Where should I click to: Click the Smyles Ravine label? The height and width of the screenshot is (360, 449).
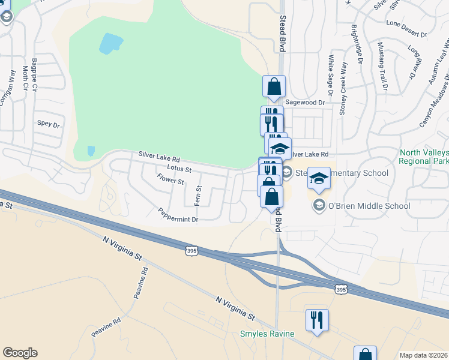coord(267,334)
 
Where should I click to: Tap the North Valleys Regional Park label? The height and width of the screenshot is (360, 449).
coord(424,157)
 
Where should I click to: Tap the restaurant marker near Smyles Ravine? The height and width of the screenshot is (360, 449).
coord(317,320)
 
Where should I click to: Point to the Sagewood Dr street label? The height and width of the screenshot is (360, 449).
coord(304,103)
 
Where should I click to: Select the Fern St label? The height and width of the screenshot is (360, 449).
coord(198,194)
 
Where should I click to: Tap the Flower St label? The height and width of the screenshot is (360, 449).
coord(170,179)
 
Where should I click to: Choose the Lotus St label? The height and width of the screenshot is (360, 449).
coord(178,169)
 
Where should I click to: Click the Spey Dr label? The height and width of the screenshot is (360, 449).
coord(49,124)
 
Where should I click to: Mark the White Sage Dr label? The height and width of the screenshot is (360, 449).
coord(330,76)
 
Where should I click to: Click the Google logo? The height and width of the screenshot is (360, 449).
coord(20,353)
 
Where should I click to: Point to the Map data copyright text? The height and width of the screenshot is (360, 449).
coord(423,355)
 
